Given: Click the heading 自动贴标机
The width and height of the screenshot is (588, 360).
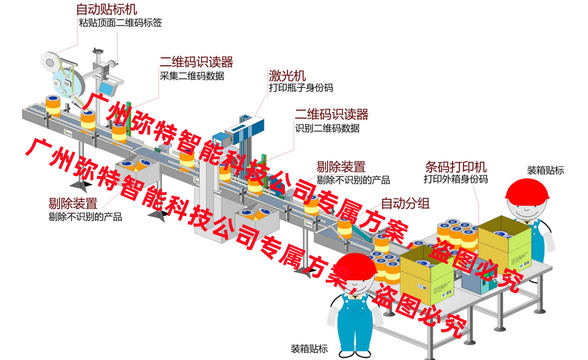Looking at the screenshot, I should click(107, 9).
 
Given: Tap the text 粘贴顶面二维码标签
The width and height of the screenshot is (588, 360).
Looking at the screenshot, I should click(120, 23).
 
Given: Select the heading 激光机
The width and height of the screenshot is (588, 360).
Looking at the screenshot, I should click(287, 76).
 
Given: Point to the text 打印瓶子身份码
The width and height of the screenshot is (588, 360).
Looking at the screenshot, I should click(300, 88).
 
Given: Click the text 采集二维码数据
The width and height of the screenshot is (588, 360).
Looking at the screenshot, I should click(192, 76).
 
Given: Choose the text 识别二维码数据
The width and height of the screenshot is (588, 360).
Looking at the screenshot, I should click(327, 129).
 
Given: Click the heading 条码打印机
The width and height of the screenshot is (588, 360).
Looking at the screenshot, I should click(456, 167).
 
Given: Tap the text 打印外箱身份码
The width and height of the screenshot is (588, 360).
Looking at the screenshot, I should click(456, 179).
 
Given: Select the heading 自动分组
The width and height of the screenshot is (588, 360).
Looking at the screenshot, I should click(405, 203).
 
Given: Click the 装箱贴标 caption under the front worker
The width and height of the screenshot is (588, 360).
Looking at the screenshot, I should click(309, 349).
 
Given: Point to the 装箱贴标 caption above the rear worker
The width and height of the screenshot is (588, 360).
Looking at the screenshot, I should click(546, 171).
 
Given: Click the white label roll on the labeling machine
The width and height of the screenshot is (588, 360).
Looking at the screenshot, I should click(49, 62).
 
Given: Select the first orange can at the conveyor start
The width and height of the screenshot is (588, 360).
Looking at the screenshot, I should click(53, 106).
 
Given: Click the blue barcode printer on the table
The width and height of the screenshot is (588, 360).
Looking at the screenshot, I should click(477, 282).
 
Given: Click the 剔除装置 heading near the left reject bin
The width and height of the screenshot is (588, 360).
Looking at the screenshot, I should click(72, 203).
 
